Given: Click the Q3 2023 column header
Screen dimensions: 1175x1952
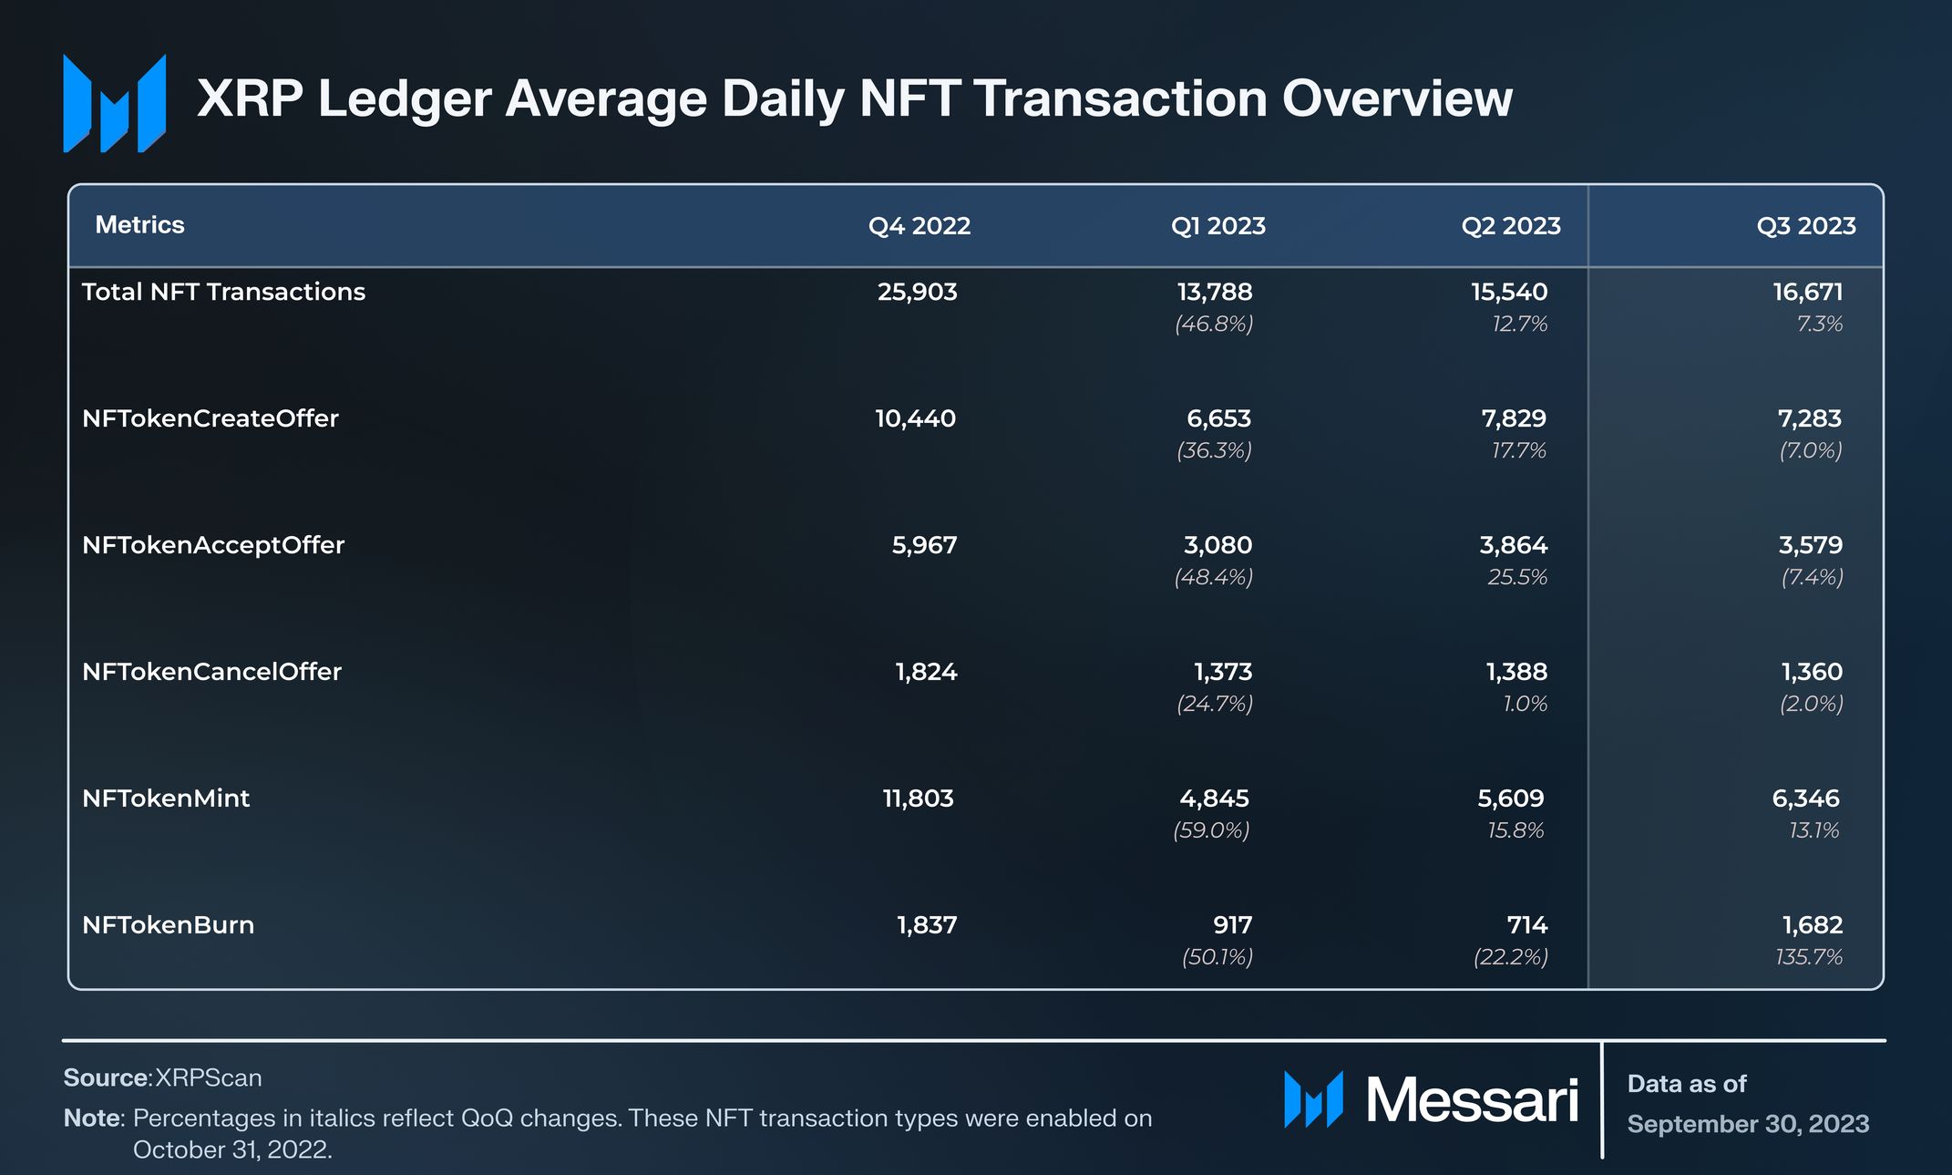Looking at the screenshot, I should pyautogui.click(x=1805, y=226).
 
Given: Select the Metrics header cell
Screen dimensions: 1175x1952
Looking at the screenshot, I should pyautogui.click(x=139, y=225).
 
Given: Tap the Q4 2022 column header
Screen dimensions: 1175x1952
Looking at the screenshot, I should pyautogui.click(x=919, y=226).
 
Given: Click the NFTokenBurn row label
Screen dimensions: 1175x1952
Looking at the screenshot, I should pyautogui.click(x=168, y=925).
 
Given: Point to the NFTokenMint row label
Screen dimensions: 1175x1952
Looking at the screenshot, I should pyautogui.click(x=165, y=799).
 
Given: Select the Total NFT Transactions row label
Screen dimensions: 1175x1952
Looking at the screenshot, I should pyautogui.click(x=223, y=292).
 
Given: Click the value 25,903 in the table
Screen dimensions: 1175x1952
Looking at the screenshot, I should pyautogui.click(x=917, y=292).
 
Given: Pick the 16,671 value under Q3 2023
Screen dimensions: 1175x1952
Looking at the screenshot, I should pyautogui.click(x=1807, y=292).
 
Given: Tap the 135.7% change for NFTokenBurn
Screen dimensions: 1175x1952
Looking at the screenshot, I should pyautogui.click(x=1809, y=957).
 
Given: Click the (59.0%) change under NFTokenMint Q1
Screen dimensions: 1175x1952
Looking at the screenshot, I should pyautogui.click(x=1211, y=830).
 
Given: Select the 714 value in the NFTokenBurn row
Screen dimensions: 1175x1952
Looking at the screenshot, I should pyautogui.click(x=1526, y=925).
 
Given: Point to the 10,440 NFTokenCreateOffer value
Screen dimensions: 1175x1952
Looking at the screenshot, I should pyautogui.click(x=915, y=418).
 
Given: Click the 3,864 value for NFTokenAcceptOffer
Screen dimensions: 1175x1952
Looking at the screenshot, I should pyautogui.click(x=1513, y=545).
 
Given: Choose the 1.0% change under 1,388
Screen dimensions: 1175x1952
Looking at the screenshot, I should pyautogui.click(x=1525, y=704).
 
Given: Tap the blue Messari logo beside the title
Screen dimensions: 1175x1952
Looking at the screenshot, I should pyautogui.click(x=114, y=102).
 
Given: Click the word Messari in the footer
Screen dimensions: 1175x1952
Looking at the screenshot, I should pyautogui.click(x=1471, y=1100).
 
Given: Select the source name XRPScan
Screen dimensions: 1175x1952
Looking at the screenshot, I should pyautogui.click(x=208, y=1077).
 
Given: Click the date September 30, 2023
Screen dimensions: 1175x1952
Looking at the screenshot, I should pyautogui.click(x=1748, y=1124).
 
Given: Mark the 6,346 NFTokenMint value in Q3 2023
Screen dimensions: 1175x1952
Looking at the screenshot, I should pyautogui.click(x=1805, y=799).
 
